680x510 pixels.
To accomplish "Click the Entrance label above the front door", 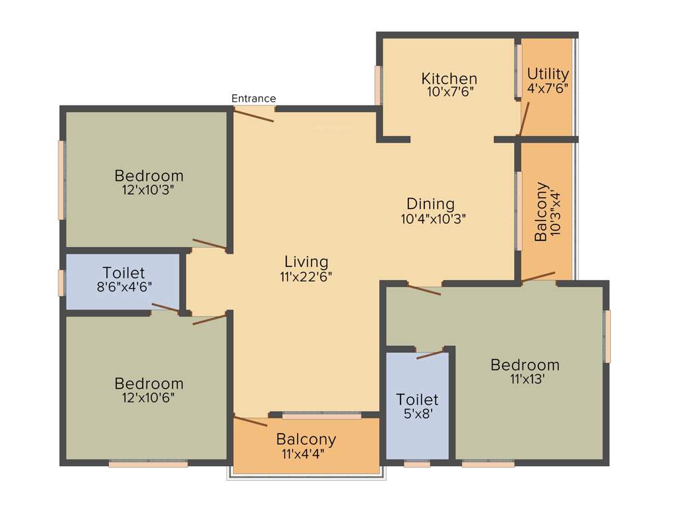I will tap(253, 99).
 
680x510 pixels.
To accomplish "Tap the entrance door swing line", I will tap(254, 115).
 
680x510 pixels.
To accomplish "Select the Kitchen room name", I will tap(449, 79).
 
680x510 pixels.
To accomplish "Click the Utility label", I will tap(547, 74).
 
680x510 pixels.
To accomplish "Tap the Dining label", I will tap(430, 204).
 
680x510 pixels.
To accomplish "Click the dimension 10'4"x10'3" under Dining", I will tap(433, 218).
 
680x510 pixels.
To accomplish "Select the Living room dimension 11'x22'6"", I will tap(306, 276).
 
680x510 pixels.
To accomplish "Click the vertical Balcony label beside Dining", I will tap(542, 211).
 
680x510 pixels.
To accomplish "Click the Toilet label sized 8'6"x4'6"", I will tap(124, 273).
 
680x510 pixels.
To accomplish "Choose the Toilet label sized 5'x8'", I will tap(417, 400).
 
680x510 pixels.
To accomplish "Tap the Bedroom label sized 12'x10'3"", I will tap(149, 176).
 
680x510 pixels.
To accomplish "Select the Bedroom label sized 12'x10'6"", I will tap(149, 384).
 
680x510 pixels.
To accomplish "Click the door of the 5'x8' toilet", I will tap(430, 355).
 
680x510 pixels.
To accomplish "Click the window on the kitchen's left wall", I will tap(379, 85).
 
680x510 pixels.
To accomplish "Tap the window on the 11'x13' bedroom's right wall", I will tap(606, 337).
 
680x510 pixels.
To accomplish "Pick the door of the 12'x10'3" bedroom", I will tap(209, 244).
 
